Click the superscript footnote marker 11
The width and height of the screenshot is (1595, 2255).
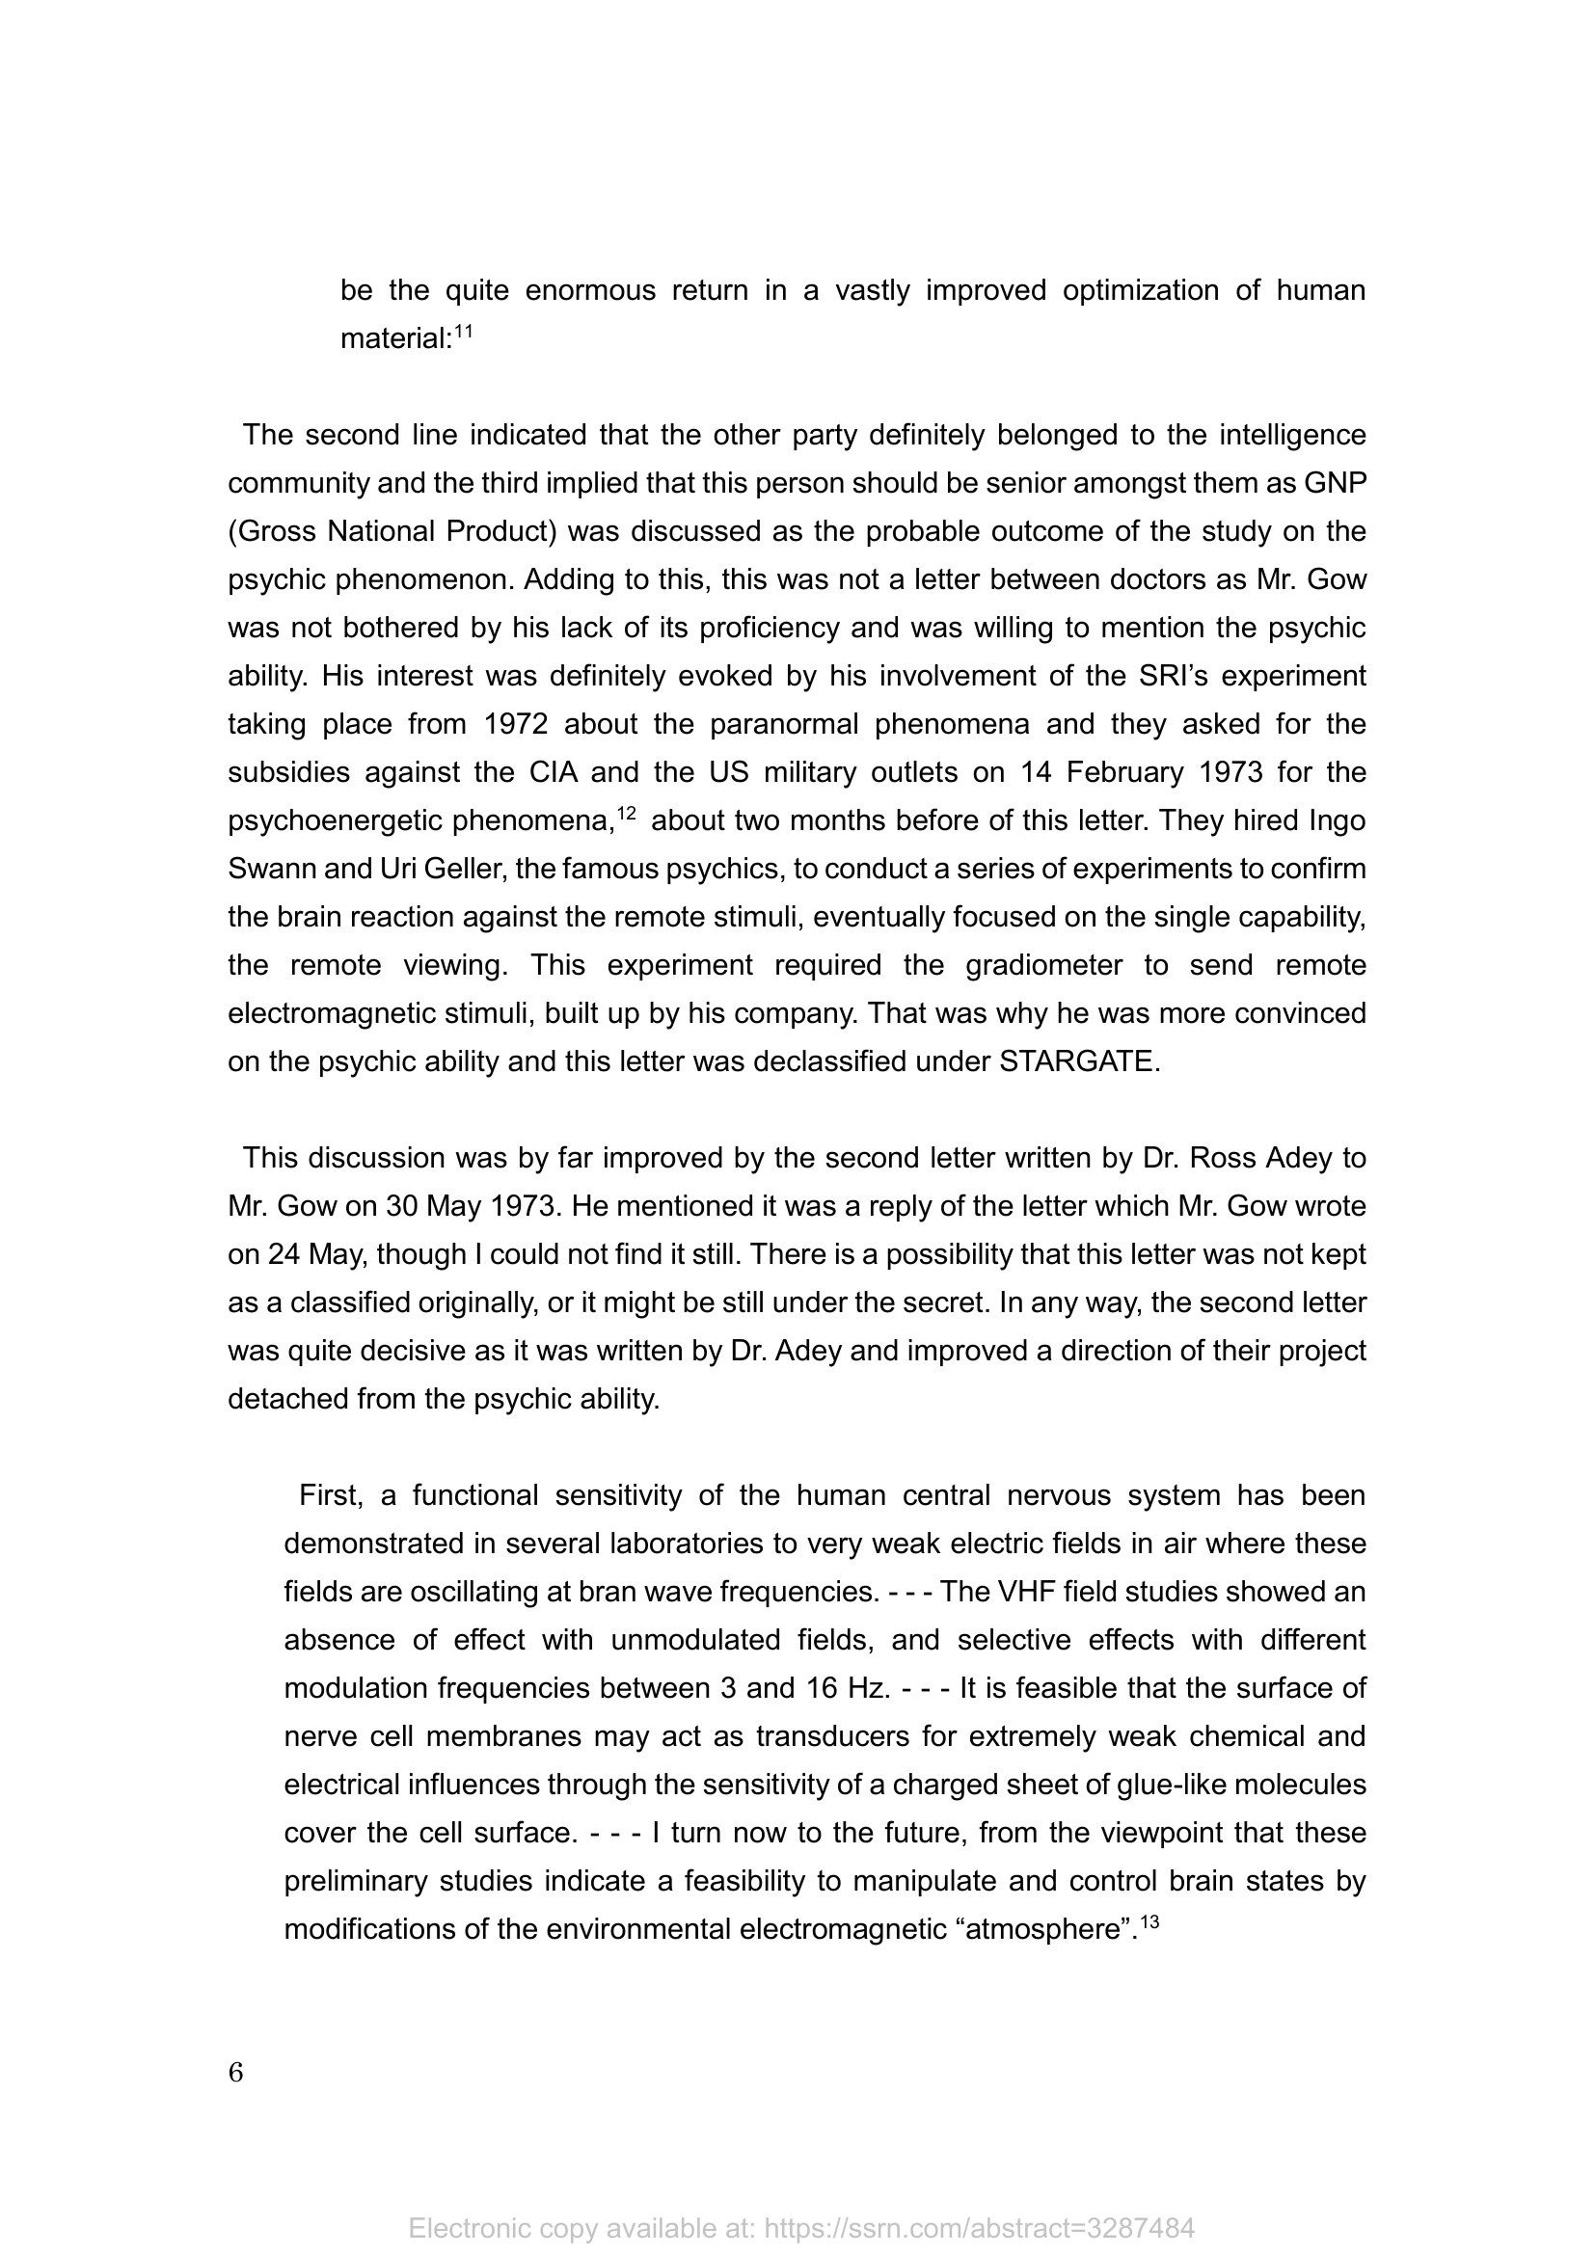coord(464,332)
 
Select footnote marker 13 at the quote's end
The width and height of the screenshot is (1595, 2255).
coord(1150,1922)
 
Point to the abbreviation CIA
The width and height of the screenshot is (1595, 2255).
coord(559,773)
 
